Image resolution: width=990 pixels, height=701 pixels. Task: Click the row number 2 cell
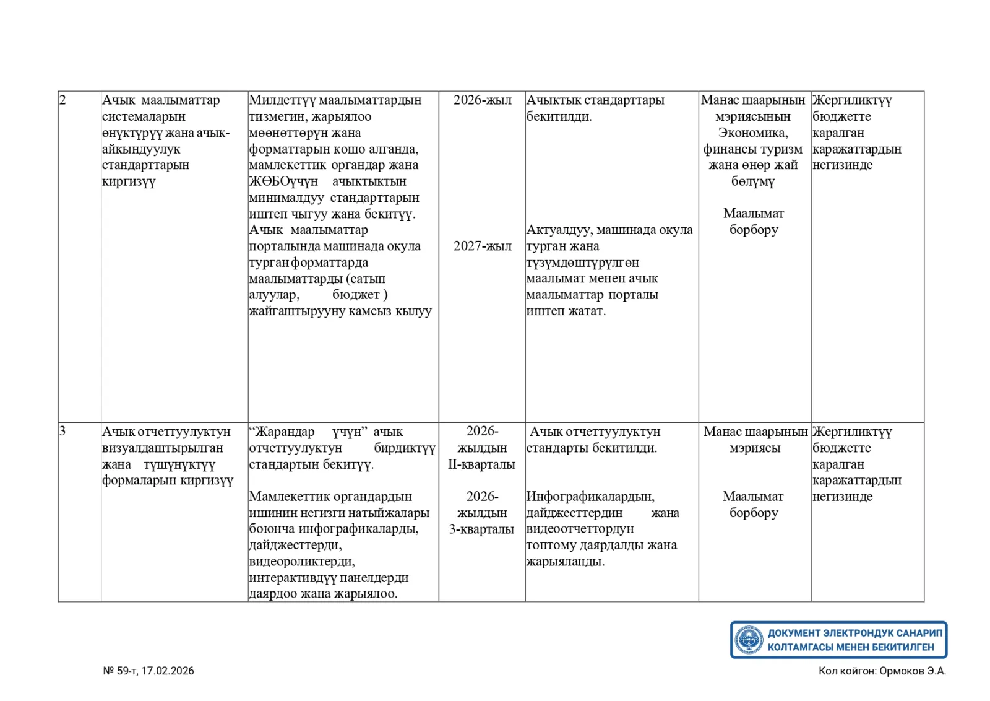62,100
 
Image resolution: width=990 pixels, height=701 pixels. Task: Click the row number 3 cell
62,431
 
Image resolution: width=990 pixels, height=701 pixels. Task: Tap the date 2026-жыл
482,100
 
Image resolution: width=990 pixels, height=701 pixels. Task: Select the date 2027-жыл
482,246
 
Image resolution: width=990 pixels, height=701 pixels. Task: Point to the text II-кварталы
481,464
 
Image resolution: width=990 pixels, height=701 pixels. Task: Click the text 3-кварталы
481,529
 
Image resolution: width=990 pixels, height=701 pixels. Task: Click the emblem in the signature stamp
749,640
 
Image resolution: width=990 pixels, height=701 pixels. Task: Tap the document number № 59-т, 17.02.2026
148,671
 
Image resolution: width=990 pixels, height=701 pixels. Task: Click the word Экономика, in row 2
753,133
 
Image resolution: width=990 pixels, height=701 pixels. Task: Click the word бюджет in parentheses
356,295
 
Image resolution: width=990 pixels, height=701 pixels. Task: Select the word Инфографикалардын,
590,497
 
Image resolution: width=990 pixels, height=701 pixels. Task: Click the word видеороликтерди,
302,562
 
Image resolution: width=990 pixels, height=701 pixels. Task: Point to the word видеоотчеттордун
580,529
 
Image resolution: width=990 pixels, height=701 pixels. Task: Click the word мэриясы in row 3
754,448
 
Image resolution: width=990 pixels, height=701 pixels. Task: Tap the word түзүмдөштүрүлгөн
582,263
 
